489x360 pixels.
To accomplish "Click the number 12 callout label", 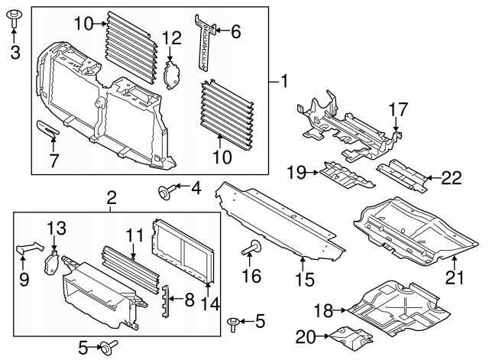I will click(x=172, y=37).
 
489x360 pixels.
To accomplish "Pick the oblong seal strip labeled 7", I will click(x=50, y=130).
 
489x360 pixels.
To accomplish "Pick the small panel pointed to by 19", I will click(x=345, y=176).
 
